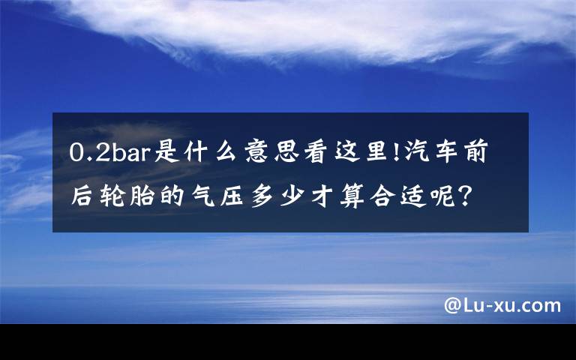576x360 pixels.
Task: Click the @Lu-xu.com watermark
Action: (502, 305)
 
